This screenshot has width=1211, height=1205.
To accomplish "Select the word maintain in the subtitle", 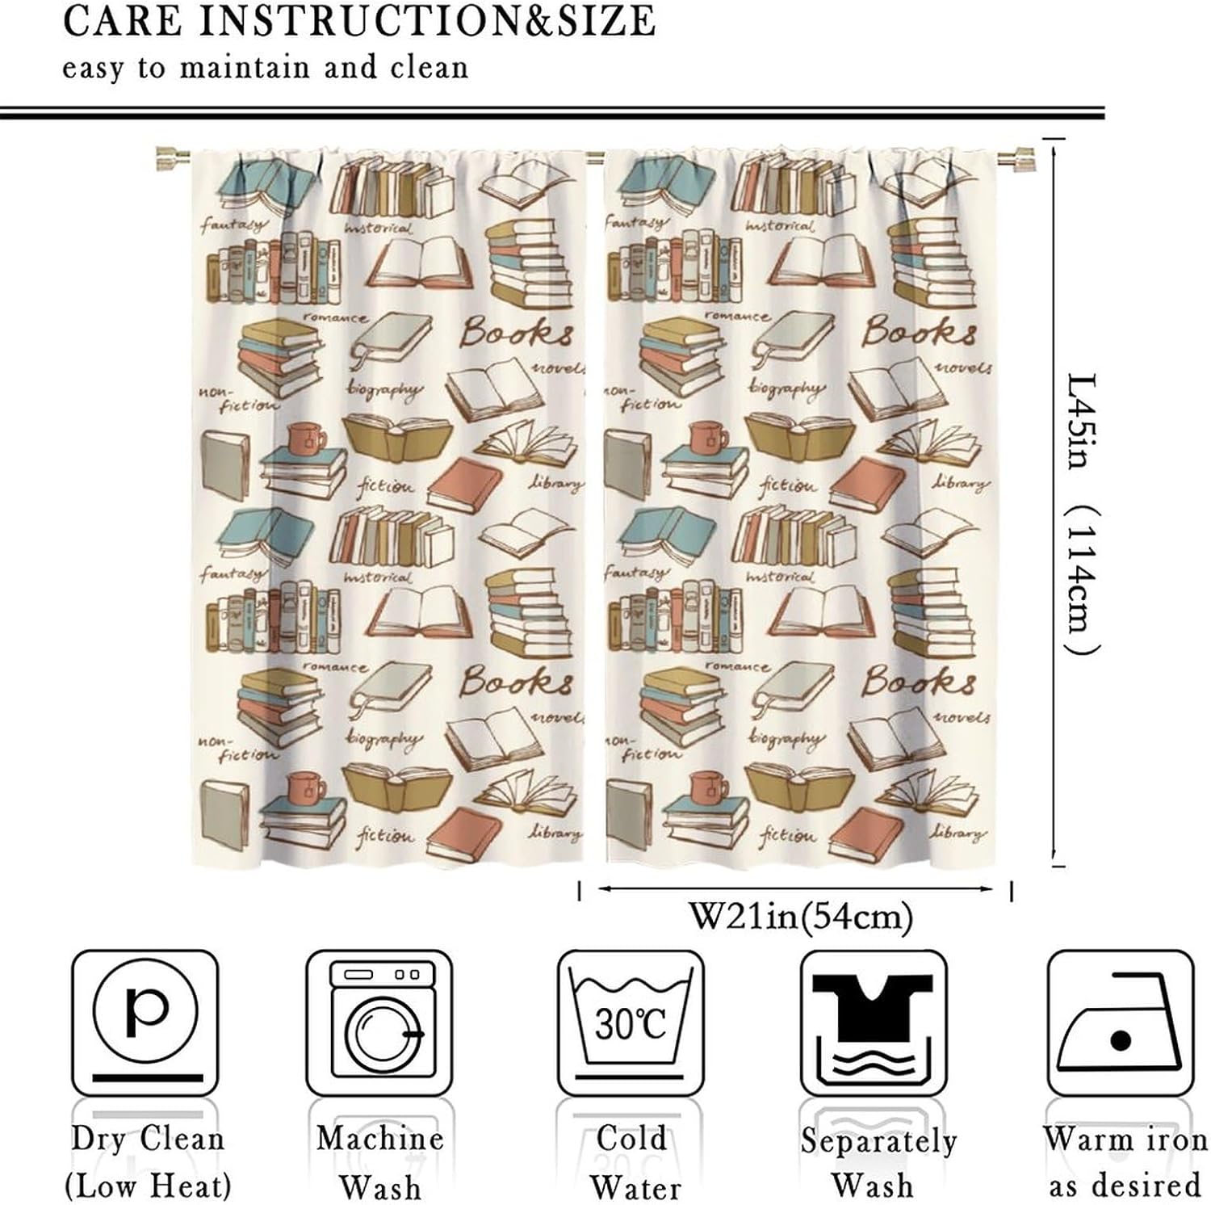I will point(245,67).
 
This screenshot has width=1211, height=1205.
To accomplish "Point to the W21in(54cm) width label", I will point(800,916).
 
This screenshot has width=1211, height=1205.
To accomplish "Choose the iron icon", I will point(1119,1023).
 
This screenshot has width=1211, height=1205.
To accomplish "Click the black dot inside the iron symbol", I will point(1121,1040).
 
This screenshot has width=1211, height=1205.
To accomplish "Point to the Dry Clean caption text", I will point(147,1139).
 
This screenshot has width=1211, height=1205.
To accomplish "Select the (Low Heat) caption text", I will point(147,1186).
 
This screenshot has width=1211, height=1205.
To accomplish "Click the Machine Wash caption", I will point(379,1162).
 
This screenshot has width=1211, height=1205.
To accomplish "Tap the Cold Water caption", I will point(634,1162).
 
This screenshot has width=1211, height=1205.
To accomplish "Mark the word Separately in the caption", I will point(878,1140).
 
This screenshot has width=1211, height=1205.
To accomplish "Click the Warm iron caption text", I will point(1125,1139).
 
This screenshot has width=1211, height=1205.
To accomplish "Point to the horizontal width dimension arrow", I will point(795,889).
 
